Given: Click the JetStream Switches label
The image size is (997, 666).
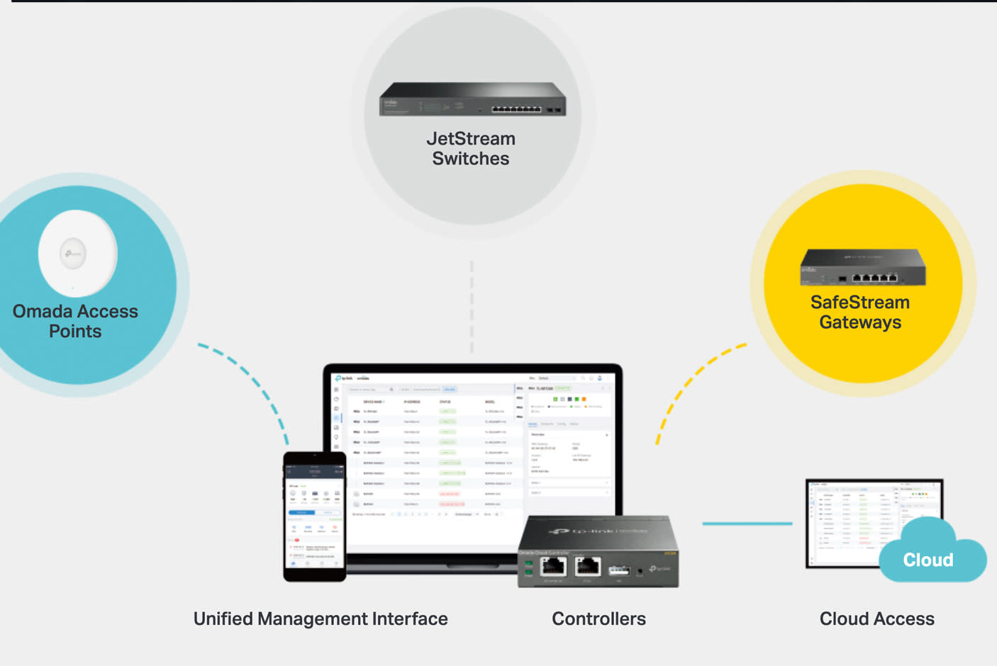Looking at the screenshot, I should pyautogui.click(x=471, y=149).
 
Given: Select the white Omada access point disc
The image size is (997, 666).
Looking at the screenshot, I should pyautogui.click(x=77, y=253).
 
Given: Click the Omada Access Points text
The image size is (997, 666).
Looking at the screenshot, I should pyautogui.click(x=75, y=321).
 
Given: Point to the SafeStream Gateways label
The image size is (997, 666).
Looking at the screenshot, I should pyautogui.click(x=859, y=312).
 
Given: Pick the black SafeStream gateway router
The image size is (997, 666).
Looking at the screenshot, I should pyautogui.click(x=863, y=268).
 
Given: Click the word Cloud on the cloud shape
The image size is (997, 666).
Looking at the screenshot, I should pyautogui.click(x=928, y=560).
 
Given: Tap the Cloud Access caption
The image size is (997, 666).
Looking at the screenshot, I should pyautogui.click(x=876, y=619).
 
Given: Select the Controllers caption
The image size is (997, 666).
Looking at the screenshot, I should pyautogui.click(x=598, y=619).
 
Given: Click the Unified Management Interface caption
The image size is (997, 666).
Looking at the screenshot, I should pyautogui.click(x=321, y=619).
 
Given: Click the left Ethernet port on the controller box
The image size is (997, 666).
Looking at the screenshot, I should pyautogui.click(x=553, y=566).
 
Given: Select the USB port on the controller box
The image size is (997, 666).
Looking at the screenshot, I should pyautogui.click(x=618, y=570).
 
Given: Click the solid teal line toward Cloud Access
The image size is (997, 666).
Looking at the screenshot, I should pyautogui.click(x=747, y=524).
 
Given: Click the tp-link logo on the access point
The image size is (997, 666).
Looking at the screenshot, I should pyautogui.click(x=72, y=253).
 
